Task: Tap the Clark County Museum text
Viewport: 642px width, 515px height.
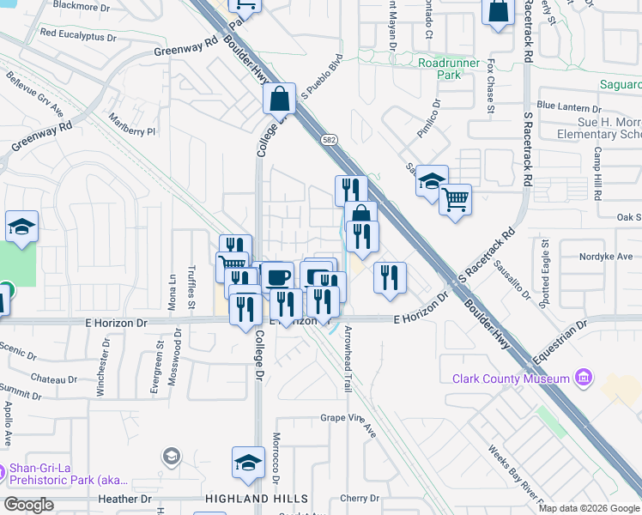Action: pos(511,379)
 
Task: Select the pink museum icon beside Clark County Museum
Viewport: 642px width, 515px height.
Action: pos(584,378)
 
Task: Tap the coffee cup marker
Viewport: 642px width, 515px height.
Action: pos(277,277)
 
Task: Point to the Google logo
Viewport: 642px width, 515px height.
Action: pos(28,505)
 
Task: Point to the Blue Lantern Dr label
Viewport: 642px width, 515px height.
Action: pos(569,107)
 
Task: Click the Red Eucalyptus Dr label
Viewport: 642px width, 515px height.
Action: pos(77,36)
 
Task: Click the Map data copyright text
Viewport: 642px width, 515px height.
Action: pos(588,508)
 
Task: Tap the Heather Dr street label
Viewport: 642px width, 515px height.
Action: pos(124,499)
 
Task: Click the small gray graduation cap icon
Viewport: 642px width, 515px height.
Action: pos(171,456)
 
